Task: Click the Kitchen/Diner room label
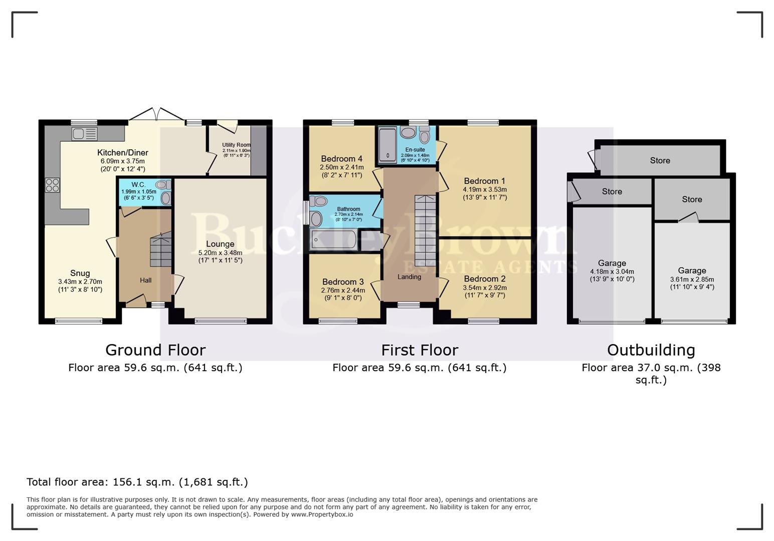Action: (x=123, y=153)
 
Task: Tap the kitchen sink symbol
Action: (x=84, y=134)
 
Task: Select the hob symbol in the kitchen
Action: (x=52, y=185)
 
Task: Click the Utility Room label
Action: (x=236, y=145)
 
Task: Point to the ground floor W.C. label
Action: (x=138, y=185)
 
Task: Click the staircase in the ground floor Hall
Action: (x=160, y=249)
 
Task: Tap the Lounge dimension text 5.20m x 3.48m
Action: (x=220, y=253)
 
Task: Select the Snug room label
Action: (x=80, y=273)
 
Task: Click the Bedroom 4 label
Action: (x=342, y=159)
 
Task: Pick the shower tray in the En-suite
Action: (x=388, y=145)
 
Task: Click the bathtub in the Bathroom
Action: (x=333, y=239)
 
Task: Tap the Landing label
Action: (x=409, y=277)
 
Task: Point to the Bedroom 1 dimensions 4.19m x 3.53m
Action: (x=485, y=190)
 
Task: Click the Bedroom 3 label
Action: (x=343, y=282)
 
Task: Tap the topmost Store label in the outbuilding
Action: (x=660, y=161)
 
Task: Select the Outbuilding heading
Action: (x=651, y=350)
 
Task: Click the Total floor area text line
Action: (x=137, y=482)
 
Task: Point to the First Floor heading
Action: (x=420, y=350)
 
